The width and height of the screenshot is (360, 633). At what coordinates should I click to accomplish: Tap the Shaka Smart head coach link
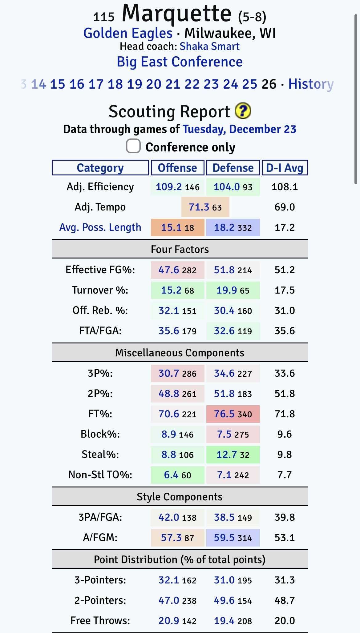click(x=209, y=46)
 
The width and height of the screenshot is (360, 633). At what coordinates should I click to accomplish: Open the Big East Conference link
click(x=180, y=62)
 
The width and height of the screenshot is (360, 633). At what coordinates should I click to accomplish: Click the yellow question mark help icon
click(x=243, y=111)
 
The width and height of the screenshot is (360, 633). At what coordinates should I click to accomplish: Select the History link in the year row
click(x=311, y=84)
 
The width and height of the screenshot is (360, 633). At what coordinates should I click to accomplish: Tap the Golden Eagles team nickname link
click(x=128, y=33)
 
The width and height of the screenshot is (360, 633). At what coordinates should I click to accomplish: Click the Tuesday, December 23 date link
click(x=239, y=129)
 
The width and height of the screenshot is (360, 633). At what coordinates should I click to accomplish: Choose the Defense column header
click(x=233, y=168)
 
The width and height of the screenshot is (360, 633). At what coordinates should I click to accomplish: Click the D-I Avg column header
click(x=285, y=168)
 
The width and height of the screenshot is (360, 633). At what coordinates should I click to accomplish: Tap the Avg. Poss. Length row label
click(x=100, y=227)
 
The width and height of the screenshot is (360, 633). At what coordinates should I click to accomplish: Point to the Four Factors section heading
click(x=180, y=249)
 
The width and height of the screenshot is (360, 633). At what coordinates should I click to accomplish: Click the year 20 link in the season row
click(x=154, y=84)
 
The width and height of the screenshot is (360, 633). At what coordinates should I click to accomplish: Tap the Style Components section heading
click(x=180, y=497)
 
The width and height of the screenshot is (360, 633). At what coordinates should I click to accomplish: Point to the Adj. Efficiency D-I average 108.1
click(x=285, y=187)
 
